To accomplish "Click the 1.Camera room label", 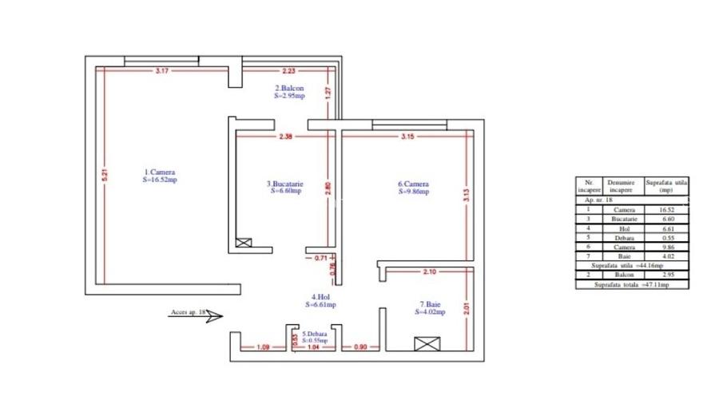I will [x=160, y=172].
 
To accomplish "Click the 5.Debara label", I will [x=315, y=334].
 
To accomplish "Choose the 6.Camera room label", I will [x=414, y=184].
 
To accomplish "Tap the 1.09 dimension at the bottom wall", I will [x=262, y=347].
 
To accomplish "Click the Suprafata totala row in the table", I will [x=633, y=283].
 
